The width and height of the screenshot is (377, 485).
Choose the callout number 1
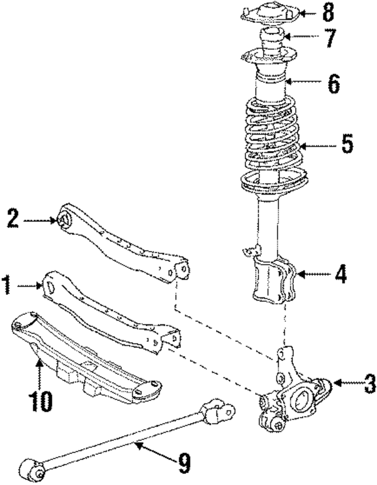click(x=6, y=285)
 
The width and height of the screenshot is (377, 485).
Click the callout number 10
click(x=41, y=401)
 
